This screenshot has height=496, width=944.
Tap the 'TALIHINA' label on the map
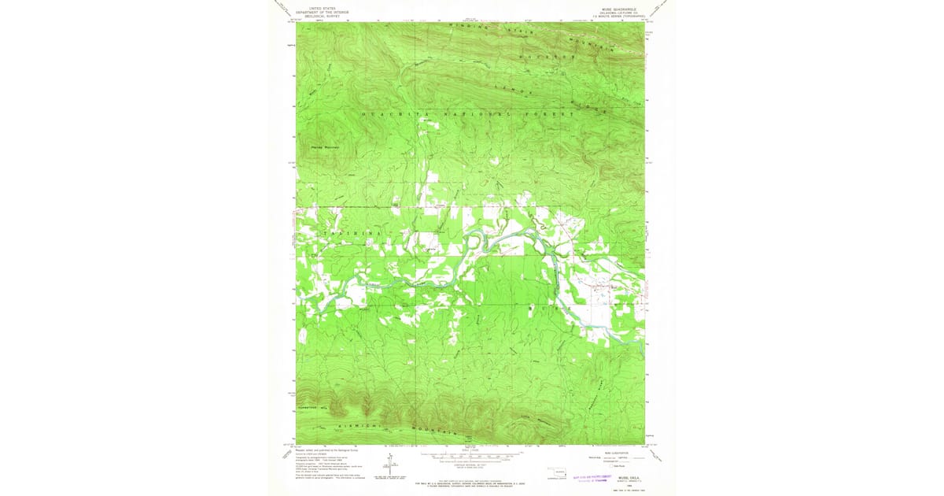(352, 234)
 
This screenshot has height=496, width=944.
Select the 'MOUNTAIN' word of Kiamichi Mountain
(441, 431)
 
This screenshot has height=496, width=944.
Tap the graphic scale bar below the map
(471, 454)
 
